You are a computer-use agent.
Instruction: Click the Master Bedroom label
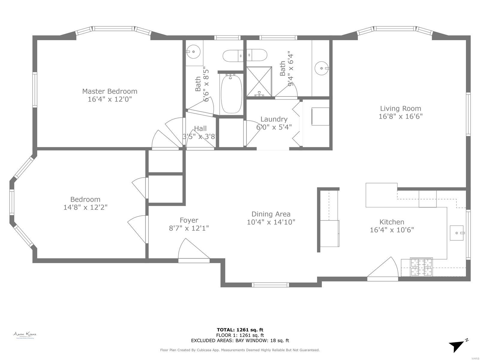[x=109, y=91]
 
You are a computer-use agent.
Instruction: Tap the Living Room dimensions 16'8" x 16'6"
[x=400, y=116]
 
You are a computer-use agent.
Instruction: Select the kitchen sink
[x=457, y=233]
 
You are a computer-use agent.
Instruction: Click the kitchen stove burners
[x=421, y=267]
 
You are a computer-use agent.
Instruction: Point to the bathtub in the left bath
[x=231, y=94]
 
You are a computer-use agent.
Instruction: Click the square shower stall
[x=259, y=81]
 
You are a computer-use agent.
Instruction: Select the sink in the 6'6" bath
[x=193, y=52]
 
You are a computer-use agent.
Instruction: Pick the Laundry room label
[x=274, y=119]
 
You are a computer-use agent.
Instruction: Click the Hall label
[x=200, y=128]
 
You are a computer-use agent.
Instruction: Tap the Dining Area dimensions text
[x=271, y=222]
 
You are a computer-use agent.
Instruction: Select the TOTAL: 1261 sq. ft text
[x=240, y=330]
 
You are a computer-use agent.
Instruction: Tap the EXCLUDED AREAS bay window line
[x=240, y=340]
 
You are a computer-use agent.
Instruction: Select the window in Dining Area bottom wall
[x=270, y=285]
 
